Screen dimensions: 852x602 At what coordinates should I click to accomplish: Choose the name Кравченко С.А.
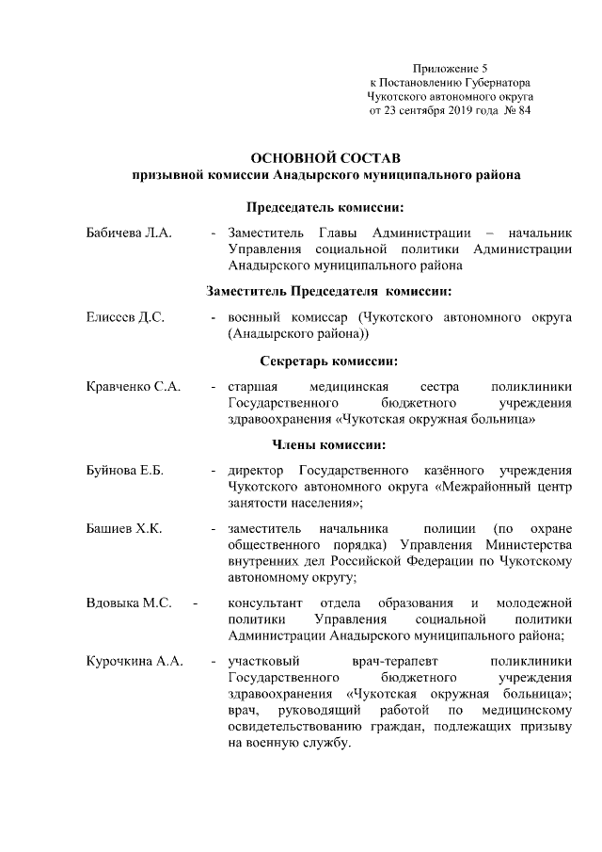coord(134,386)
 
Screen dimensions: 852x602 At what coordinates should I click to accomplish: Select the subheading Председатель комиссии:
coord(326,206)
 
